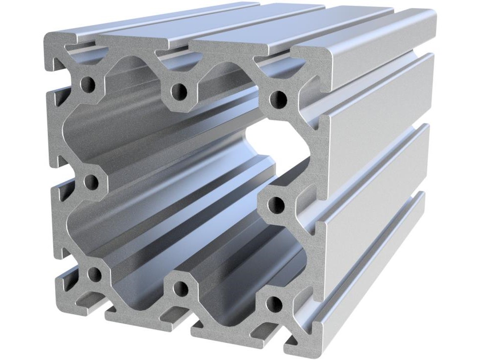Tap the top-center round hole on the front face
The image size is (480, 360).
[179, 91]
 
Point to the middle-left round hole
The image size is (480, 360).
[90, 182]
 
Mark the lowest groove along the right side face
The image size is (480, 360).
[375, 252]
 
